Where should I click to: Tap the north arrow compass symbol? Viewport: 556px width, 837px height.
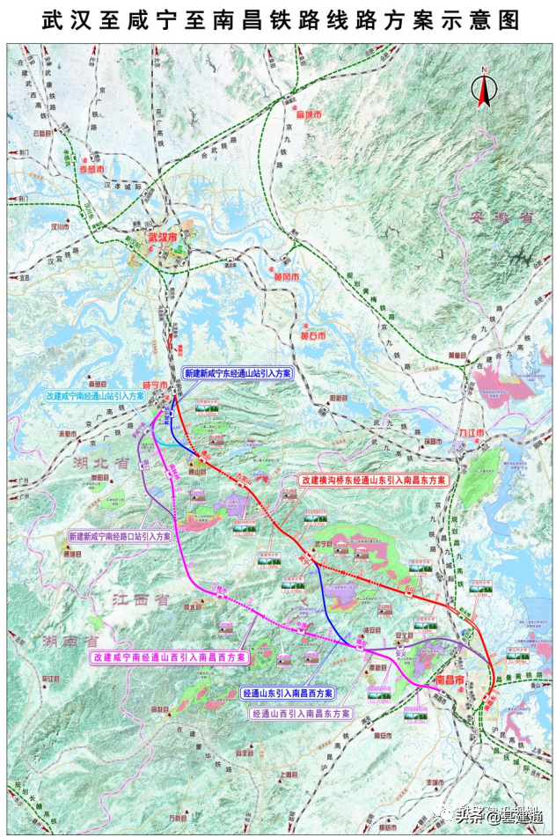[x=483, y=88]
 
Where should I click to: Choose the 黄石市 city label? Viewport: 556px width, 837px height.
[x=312, y=336]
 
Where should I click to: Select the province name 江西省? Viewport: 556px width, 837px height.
[x=141, y=598]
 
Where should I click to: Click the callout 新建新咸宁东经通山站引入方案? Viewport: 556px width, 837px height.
[x=238, y=373]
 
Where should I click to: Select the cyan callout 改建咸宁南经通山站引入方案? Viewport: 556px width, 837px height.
[x=95, y=397]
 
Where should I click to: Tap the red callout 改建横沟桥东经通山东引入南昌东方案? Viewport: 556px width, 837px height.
[x=373, y=481]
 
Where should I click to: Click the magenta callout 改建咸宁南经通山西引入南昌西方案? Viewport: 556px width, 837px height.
[x=169, y=657]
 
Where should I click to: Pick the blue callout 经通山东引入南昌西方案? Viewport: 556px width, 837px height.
[x=288, y=693]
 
